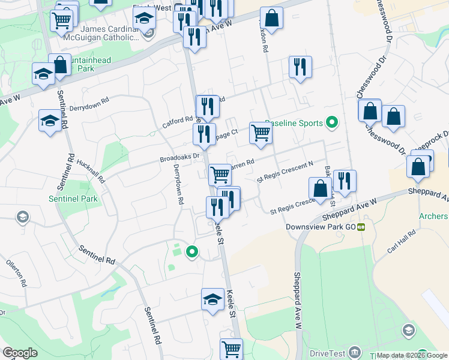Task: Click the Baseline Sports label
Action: coord(294,123)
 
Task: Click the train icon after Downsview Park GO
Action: coord(361,227)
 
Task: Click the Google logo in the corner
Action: coord(20,353)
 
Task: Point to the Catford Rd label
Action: coord(178,122)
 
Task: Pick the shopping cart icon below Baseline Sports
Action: coord(261,134)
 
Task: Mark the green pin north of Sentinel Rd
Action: coord(191,252)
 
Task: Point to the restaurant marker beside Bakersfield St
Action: coord(345,182)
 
